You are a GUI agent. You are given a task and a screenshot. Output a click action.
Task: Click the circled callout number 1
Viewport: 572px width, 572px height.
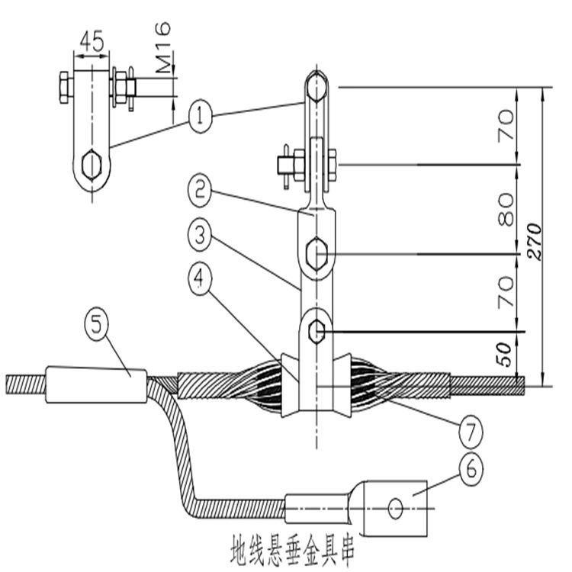[201, 117]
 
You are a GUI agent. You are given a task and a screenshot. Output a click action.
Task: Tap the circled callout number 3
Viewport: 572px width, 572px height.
[200, 237]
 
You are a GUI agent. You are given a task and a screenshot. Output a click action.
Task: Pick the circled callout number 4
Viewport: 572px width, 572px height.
[199, 282]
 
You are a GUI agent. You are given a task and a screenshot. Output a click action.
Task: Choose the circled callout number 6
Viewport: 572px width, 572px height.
[471, 469]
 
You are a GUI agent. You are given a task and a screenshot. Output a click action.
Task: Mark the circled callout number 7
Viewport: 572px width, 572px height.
[471, 432]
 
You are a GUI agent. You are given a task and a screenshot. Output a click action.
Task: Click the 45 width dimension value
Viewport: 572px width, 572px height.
[92, 41]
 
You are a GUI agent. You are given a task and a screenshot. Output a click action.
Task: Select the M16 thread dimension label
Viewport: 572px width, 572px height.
[162, 47]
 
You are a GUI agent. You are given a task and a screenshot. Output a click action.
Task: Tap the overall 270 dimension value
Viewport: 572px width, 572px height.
[535, 241]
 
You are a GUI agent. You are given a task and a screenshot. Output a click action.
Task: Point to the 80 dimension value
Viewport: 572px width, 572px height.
[506, 210]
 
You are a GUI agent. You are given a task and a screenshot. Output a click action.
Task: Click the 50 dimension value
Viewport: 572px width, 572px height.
[504, 354]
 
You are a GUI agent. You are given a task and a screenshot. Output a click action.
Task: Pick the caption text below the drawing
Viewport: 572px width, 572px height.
[293, 550]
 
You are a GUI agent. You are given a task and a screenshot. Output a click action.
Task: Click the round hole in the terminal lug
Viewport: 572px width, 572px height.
[395, 508]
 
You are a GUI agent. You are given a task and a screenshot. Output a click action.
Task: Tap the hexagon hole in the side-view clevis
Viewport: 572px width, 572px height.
[92, 165]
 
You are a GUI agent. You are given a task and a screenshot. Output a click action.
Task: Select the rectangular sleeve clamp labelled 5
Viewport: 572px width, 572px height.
[96, 385]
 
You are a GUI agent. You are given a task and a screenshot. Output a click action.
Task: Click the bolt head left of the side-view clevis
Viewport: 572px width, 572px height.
[64, 88]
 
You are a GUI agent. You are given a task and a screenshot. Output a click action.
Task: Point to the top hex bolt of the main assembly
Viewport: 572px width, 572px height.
[317, 87]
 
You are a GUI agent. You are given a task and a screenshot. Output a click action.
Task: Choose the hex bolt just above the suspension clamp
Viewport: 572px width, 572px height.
[316, 331]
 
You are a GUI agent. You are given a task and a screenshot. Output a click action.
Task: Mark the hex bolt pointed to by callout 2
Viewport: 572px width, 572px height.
[317, 253]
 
